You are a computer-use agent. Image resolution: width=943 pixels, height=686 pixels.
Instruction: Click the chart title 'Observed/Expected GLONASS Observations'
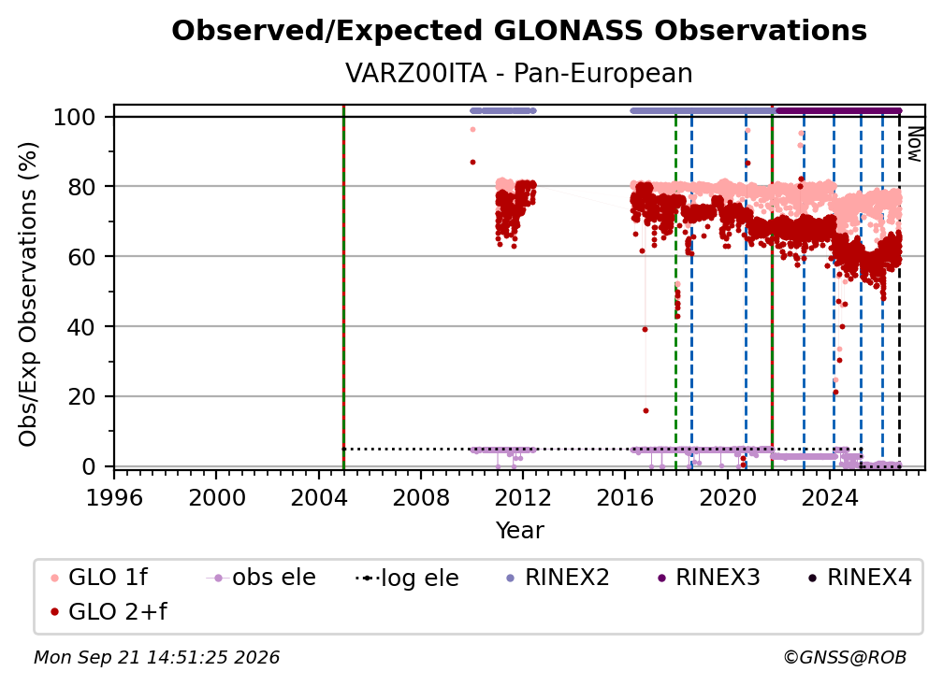[x=519, y=31]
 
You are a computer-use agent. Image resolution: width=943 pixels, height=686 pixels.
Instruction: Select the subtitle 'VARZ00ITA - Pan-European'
[x=519, y=73]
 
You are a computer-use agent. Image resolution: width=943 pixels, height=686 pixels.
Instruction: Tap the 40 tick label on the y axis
[x=81, y=327]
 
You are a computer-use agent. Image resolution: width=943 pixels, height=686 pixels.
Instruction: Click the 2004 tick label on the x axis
[x=319, y=497]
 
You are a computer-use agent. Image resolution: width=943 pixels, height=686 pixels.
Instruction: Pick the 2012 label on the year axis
[x=523, y=497]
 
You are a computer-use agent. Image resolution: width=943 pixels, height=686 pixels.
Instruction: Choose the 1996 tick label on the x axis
[x=114, y=497]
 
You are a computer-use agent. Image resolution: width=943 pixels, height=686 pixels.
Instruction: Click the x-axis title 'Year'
[x=519, y=531]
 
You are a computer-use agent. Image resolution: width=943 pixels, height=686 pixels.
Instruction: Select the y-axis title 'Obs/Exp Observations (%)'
[x=28, y=294]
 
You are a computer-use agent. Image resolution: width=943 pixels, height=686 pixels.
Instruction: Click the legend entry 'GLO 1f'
[x=99, y=578]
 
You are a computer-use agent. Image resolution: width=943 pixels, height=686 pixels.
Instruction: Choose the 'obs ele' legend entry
[x=261, y=578]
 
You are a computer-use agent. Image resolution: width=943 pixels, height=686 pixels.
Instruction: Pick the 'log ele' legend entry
[x=407, y=578]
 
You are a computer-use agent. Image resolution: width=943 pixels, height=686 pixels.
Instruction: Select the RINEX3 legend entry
[x=709, y=578]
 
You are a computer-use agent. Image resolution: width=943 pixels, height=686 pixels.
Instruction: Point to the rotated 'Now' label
[x=914, y=144]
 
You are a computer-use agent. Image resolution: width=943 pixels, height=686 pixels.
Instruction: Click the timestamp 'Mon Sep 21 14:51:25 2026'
[x=156, y=657]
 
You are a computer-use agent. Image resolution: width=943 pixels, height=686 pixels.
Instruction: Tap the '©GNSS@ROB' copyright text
[x=845, y=657]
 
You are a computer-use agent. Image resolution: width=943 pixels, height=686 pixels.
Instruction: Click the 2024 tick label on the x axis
[x=829, y=497]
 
